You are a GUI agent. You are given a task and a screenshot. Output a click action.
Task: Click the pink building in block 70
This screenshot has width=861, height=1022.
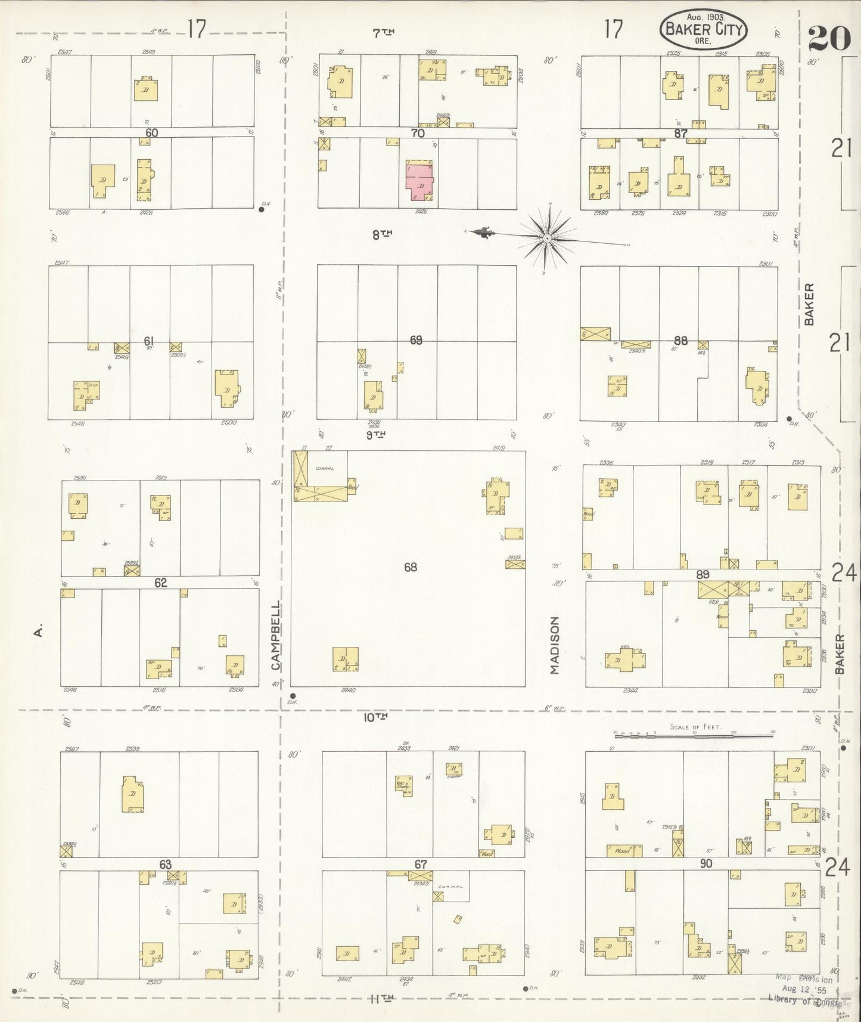(421, 181)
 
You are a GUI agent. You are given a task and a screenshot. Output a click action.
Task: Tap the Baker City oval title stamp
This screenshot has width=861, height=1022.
(703, 28)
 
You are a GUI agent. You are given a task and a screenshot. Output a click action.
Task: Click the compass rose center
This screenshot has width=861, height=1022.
(547, 239)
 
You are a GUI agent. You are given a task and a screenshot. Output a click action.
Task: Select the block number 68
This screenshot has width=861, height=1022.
(410, 567)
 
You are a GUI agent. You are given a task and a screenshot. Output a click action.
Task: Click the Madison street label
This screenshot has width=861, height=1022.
(555, 645)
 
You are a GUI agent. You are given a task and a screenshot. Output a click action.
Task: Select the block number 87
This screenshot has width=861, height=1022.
(680, 134)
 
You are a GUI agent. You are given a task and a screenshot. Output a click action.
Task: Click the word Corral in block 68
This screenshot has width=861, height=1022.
(325, 468)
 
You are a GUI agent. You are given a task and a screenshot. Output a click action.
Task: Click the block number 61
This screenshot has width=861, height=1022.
(148, 340)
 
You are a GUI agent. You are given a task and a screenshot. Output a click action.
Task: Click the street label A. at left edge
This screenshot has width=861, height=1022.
(38, 631)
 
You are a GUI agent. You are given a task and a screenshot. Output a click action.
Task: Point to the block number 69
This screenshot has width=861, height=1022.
(416, 340)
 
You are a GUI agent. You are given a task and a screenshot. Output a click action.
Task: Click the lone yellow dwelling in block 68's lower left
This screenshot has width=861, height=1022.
(346, 659)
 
